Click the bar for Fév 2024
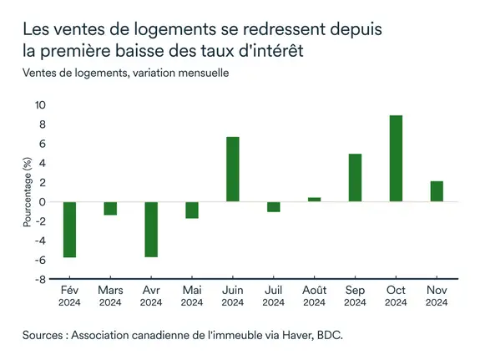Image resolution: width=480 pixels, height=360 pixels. (x=69, y=230)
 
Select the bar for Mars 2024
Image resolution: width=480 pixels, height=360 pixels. (x=110, y=209)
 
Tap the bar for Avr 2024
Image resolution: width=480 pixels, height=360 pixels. (x=151, y=230)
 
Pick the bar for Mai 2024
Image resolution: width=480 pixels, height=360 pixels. (x=192, y=210)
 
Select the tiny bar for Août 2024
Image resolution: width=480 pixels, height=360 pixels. (x=314, y=200)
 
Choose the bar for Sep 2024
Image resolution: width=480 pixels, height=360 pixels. (x=355, y=178)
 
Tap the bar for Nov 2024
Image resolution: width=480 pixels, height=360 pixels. (x=437, y=191)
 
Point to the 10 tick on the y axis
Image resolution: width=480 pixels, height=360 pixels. (x=40, y=105)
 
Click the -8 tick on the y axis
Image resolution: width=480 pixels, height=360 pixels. (x=40, y=280)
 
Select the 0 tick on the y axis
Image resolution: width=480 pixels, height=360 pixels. (x=43, y=202)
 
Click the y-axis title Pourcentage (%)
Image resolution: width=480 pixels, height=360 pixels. (x=27, y=193)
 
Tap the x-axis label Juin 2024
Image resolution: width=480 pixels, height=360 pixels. (x=233, y=295)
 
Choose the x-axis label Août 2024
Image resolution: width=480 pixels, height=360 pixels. (x=314, y=295)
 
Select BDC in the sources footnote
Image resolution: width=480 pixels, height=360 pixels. (x=328, y=336)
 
